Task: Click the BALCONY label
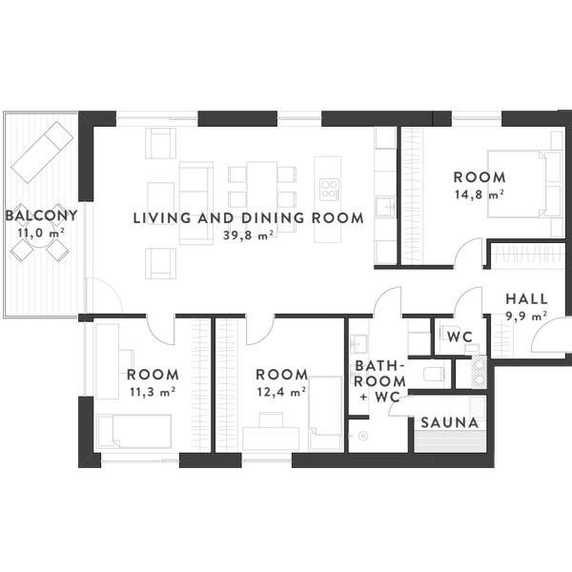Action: (x=42, y=215)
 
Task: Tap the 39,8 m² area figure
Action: (x=249, y=235)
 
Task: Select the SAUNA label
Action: (x=449, y=422)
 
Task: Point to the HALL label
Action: (x=527, y=298)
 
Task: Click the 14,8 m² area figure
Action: (x=480, y=194)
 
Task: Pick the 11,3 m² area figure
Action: (x=153, y=392)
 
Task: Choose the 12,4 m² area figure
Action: (x=281, y=392)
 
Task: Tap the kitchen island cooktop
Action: (x=329, y=190)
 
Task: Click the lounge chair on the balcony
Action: (x=42, y=153)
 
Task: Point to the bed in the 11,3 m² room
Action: (x=133, y=431)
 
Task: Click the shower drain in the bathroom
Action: (x=363, y=436)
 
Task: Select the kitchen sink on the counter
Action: (x=386, y=207)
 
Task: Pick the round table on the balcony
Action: (x=39, y=234)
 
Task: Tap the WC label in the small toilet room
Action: (x=460, y=337)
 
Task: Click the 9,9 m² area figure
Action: (x=526, y=316)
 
